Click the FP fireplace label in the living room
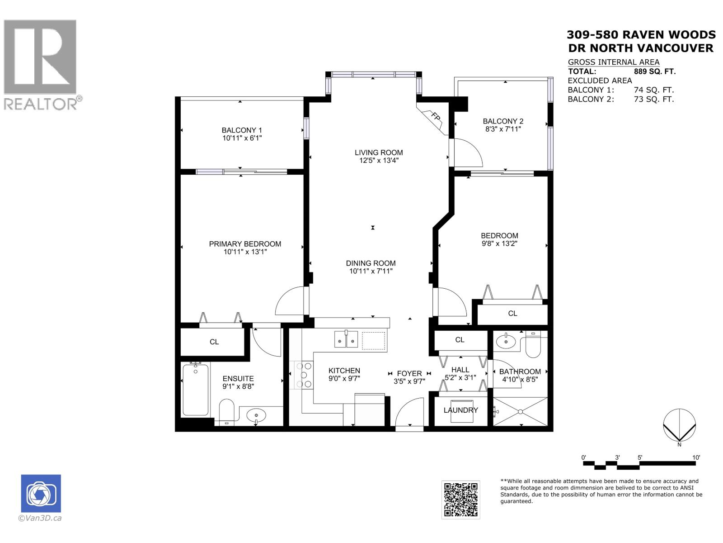[x=435, y=116]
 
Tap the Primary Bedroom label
[x=245, y=244]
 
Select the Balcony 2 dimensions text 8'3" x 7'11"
[x=503, y=129]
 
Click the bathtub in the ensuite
[x=195, y=389]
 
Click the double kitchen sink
[x=346, y=339]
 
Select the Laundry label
[x=460, y=410]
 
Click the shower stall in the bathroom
[x=520, y=411]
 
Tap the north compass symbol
[x=679, y=425]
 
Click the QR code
[x=460, y=500]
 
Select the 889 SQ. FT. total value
[x=655, y=71]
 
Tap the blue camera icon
[x=41, y=493]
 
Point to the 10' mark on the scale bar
[x=696, y=458]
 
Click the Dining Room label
[x=371, y=263]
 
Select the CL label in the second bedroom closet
[x=512, y=313]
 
